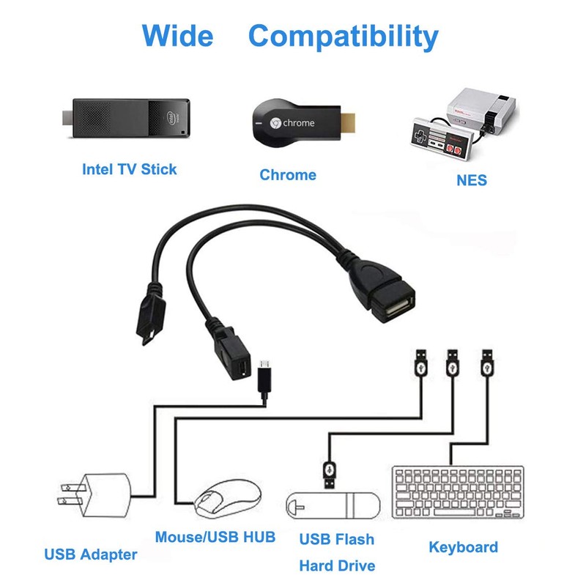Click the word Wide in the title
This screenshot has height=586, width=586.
tap(177, 35)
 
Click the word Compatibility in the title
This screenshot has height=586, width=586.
tap(343, 36)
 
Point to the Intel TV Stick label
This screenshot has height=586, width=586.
tap(129, 169)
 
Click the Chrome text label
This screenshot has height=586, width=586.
tap(288, 174)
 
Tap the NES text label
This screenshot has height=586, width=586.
tap(471, 179)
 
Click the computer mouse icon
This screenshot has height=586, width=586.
tap(228, 499)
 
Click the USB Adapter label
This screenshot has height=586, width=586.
tap(91, 555)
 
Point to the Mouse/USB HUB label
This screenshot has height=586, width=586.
tap(215, 537)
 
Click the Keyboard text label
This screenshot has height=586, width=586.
tap(463, 546)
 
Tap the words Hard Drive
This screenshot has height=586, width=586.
tap(337, 565)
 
